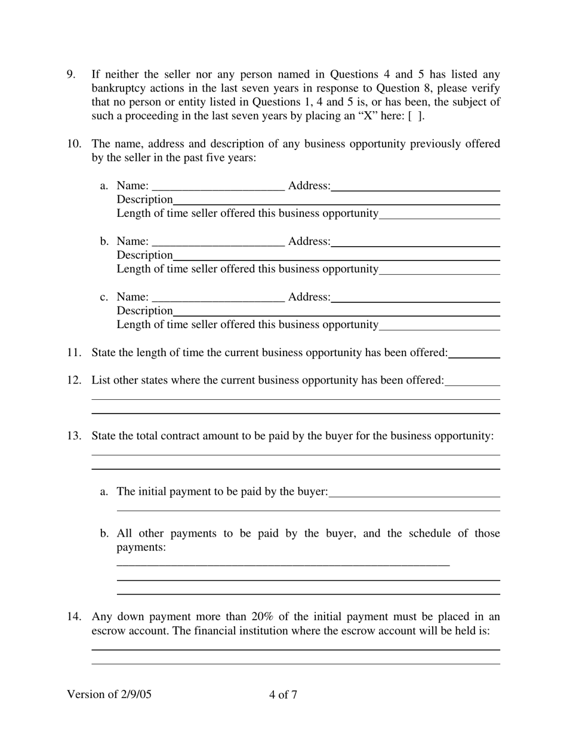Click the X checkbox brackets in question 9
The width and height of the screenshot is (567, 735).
click(416, 116)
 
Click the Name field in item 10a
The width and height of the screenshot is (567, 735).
click(218, 186)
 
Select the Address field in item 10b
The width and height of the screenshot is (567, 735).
click(415, 242)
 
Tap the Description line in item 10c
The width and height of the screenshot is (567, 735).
click(336, 311)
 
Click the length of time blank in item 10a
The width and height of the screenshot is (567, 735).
click(439, 214)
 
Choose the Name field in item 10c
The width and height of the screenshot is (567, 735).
click(218, 298)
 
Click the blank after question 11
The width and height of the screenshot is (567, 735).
click(474, 353)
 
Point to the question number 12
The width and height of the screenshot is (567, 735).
click(74, 380)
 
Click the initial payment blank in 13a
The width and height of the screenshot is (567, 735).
click(414, 492)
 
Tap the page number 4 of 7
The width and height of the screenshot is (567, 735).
click(283, 694)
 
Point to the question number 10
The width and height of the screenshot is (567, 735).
click(74, 144)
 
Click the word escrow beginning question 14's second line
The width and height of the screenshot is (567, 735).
click(108, 630)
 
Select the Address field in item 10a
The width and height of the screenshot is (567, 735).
click(415, 186)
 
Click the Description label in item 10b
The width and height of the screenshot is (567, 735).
click(144, 255)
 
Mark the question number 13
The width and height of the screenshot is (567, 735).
click(74, 436)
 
